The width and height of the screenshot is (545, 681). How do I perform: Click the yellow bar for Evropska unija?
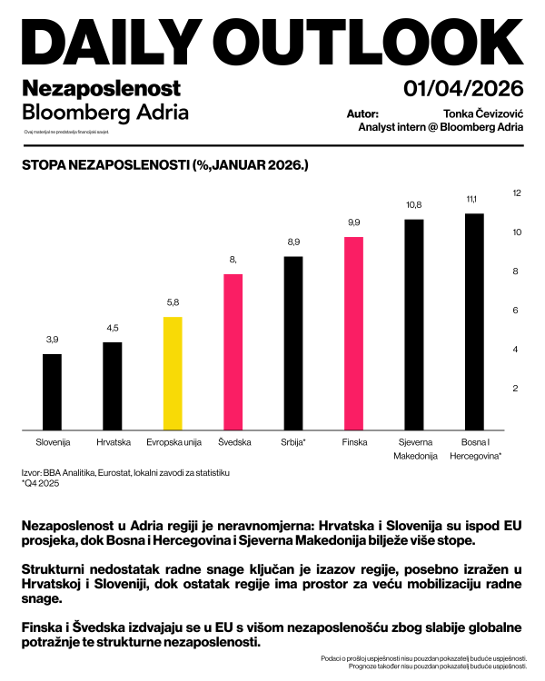pyautogui.click(x=173, y=373)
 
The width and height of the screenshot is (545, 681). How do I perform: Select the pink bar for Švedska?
pyautogui.click(x=233, y=351)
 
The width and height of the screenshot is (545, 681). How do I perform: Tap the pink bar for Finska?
pyautogui.click(x=354, y=333)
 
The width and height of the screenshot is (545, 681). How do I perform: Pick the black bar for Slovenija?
pyautogui.click(x=53, y=391)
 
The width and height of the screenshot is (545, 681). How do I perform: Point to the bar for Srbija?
pyautogui.click(x=293, y=343)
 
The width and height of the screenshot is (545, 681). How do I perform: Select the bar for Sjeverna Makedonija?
pyautogui.click(x=414, y=324)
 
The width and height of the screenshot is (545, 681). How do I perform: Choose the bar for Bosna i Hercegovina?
pyautogui.click(x=474, y=321)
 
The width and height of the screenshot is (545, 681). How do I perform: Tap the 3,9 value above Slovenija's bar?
pyautogui.click(x=53, y=340)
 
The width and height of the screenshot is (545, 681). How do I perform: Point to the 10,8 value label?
pyautogui.click(x=414, y=205)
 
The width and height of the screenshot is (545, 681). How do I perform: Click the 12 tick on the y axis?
pyautogui.click(x=517, y=193)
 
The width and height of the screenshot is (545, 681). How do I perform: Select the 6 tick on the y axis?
pyautogui.click(x=517, y=311)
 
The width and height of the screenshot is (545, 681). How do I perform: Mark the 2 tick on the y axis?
pyautogui.click(x=517, y=389)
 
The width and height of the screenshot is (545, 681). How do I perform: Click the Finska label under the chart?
pyautogui.click(x=354, y=442)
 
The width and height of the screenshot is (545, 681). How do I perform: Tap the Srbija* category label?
pyautogui.click(x=293, y=442)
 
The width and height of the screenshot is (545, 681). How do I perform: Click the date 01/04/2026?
pyautogui.click(x=464, y=88)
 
